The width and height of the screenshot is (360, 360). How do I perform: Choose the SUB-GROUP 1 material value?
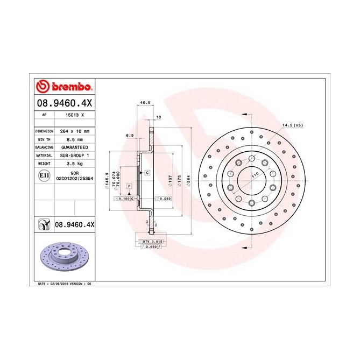click(x=73, y=154)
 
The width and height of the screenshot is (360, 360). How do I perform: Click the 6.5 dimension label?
click(x=130, y=136)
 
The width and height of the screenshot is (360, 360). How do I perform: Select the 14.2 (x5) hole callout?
click(x=293, y=125)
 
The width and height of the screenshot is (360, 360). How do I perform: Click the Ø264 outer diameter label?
click(x=188, y=181)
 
